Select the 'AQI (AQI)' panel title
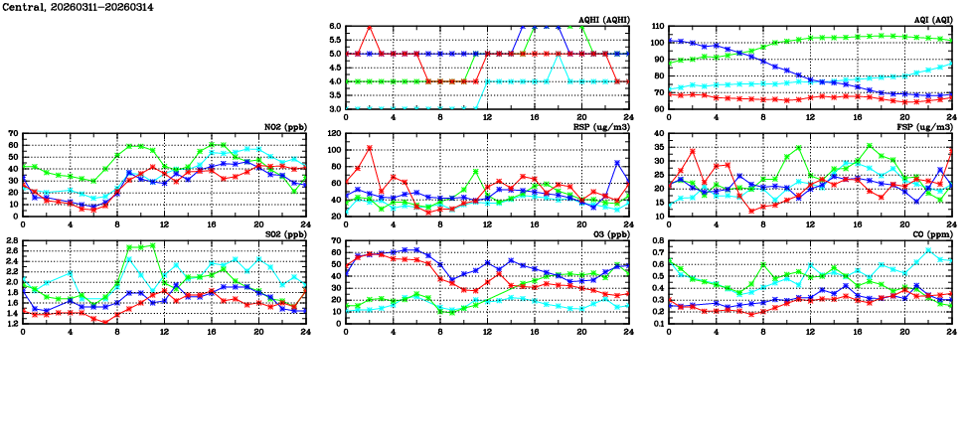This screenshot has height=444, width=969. pos(928,20)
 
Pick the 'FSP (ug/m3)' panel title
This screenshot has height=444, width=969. pos(924,127)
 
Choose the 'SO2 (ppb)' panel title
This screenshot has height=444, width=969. pos(283,234)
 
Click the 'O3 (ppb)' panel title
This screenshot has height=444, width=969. pos(607,234)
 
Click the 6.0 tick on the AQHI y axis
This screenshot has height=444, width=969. pos(335,26)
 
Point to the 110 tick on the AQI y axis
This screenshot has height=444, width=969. pos(657,26)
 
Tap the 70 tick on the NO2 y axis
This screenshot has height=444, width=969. pos(13,133)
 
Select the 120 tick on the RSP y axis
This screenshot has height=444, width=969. pos(333,133)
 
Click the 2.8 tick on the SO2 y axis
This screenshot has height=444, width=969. pos(11,240)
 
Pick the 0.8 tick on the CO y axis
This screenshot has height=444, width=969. pos(657,240)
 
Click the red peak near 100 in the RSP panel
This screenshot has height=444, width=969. pos(370,148)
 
